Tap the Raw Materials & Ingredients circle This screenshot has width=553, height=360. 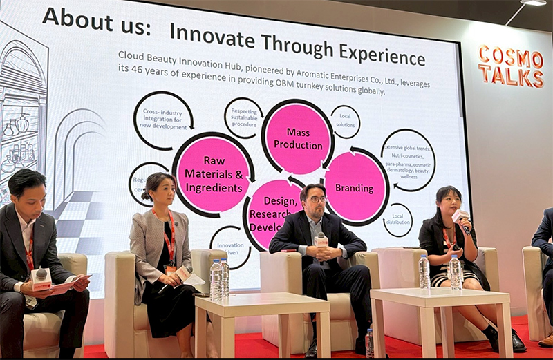(213, 174)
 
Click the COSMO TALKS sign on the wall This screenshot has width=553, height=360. (510, 66)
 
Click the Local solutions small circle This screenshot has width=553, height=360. (345, 122)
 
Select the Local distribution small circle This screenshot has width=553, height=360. (397, 220)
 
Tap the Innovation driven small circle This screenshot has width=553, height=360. (230, 247)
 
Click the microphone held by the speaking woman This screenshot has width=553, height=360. (462, 218)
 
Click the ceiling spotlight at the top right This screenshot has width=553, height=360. (532, 3)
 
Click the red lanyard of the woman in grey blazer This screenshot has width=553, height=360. (169, 235)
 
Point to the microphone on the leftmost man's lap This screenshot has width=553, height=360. (41, 276)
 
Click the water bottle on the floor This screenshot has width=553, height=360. (370, 343)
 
